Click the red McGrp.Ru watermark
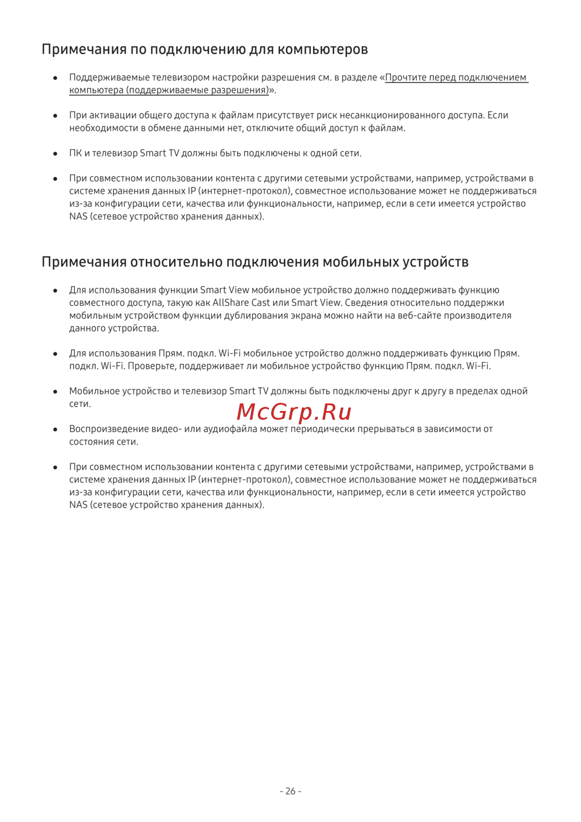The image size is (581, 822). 294,412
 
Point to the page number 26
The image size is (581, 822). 290,791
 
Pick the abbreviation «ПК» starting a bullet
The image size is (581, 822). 76,153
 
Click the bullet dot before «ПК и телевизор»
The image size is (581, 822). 55,153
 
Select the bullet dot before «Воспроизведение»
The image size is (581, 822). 55,429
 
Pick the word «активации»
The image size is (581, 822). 111,115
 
